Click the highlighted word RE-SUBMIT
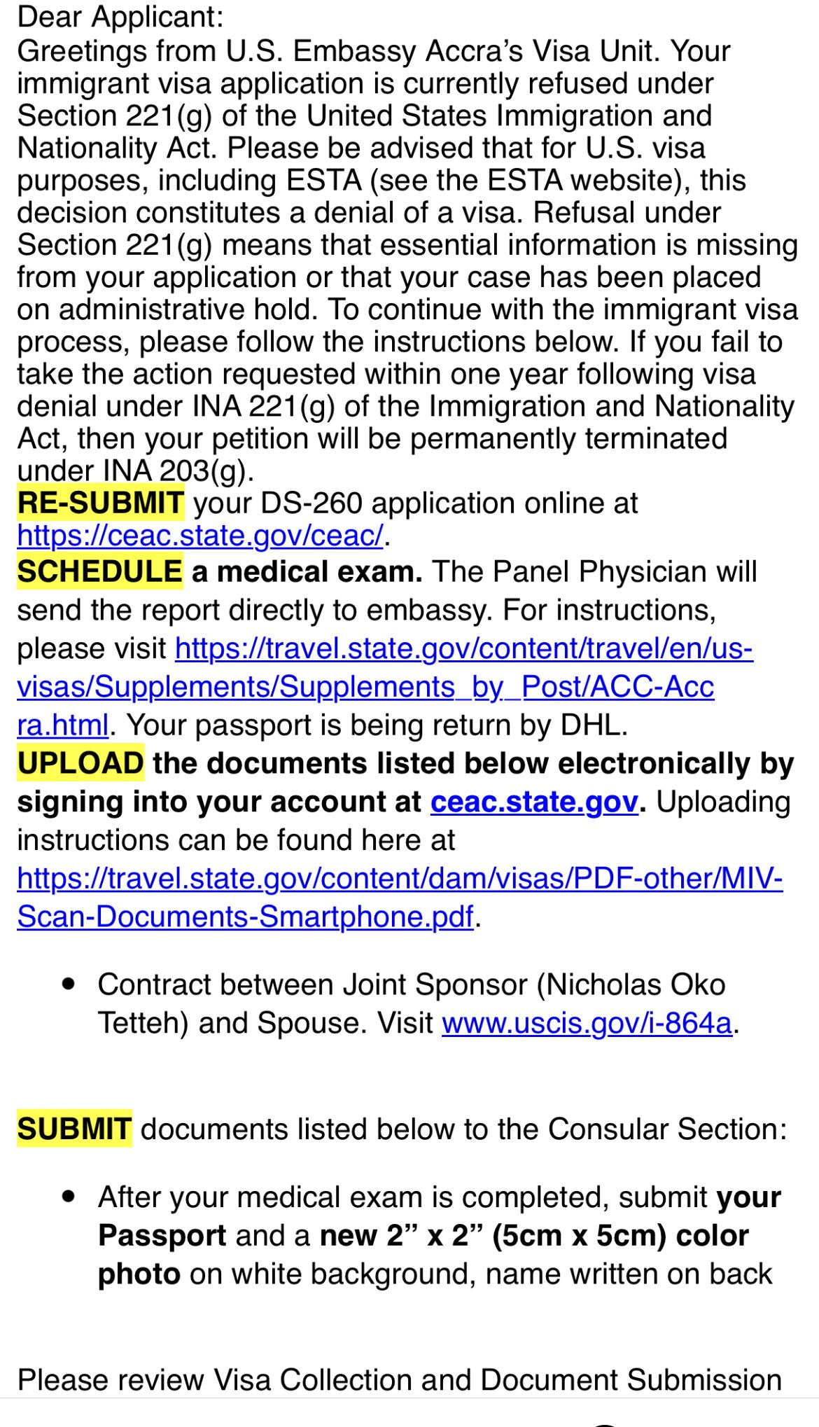point(100,503)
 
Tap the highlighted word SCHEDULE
point(99,571)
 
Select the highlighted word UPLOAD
point(80,763)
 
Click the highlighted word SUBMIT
point(74,1129)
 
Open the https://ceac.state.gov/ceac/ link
point(200,536)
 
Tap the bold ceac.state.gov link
point(534,802)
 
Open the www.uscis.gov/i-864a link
point(587,1023)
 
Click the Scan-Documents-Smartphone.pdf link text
point(245,917)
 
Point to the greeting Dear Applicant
point(120,18)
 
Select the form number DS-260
point(311,503)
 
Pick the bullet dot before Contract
point(68,984)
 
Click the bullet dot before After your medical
point(68,1197)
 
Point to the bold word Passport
point(162,1236)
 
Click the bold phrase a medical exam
point(307,572)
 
